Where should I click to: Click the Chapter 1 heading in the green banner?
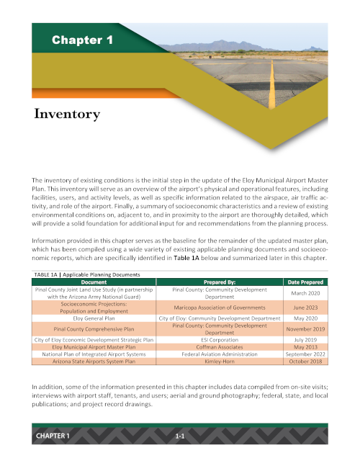[x=82, y=41]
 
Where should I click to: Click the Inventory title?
[x=67, y=114]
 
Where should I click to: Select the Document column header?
[x=94, y=282]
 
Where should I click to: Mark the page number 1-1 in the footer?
[x=181, y=437]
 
